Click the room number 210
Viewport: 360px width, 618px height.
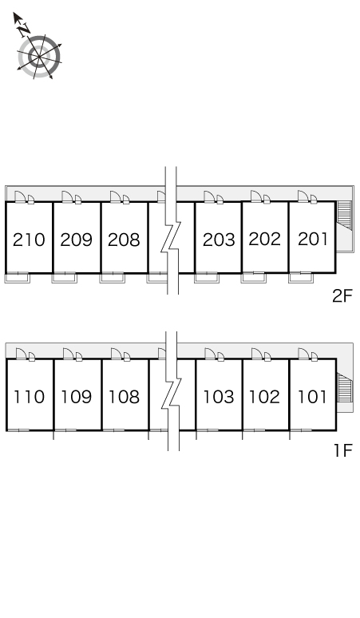click(x=29, y=240)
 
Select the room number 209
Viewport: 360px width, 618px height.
click(x=77, y=240)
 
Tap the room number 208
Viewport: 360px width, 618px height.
click(x=124, y=240)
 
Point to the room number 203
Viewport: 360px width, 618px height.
click(x=219, y=240)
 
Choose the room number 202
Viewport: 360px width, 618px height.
click(x=265, y=239)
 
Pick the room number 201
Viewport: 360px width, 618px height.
click(x=313, y=239)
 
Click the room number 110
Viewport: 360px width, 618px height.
click(x=30, y=397)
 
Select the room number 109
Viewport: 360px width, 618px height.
click(x=77, y=397)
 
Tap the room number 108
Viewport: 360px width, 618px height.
click(x=124, y=397)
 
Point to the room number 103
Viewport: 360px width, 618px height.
click(x=219, y=397)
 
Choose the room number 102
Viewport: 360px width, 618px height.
click(x=265, y=397)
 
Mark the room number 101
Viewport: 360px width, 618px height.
click(x=312, y=397)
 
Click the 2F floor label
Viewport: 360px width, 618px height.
click(x=342, y=296)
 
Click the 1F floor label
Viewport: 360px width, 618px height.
click(x=342, y=450)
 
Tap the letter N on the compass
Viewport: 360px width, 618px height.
click(x=25, y=29)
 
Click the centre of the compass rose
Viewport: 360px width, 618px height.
click(x=39, y=57)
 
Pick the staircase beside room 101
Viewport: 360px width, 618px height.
click(x=345, y=387)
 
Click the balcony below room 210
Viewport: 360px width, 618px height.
click(x=18, y=278)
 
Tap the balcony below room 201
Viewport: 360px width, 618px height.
click(x=301, y=278)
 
